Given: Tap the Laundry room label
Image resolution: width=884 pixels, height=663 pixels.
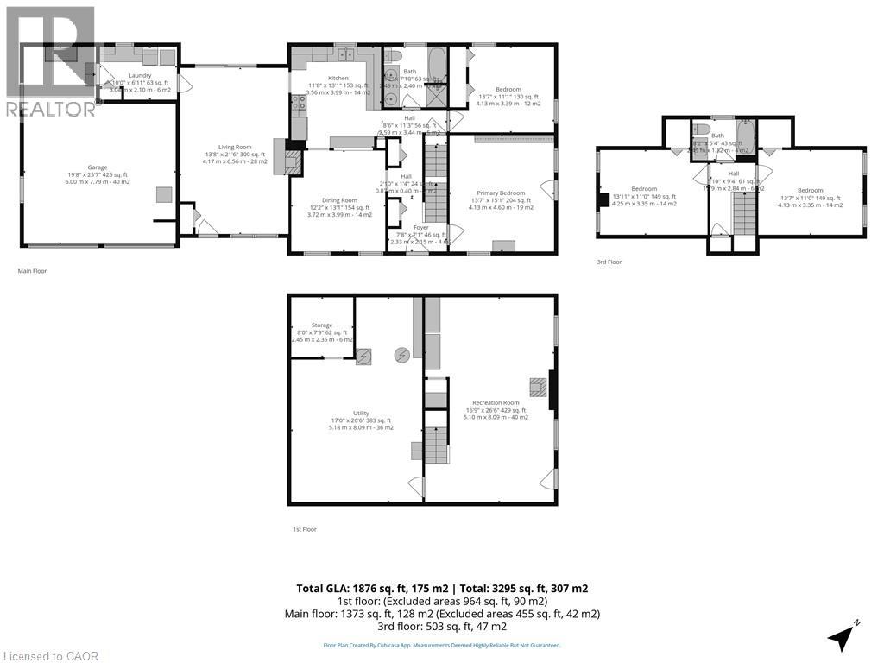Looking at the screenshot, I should pyautogui.click(x=140, y=75).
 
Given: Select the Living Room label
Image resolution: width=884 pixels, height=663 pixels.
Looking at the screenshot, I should pyautogui.click(x=233, y=147).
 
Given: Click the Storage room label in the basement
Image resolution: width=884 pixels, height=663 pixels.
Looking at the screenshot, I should pyautogui.click(x=322, y=325).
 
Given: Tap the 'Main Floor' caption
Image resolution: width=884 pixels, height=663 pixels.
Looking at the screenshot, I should pyautogui.click(x=32, y=270).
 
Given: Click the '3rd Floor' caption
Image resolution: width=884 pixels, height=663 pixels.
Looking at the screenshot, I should pyautogui.click(x=609, y=262).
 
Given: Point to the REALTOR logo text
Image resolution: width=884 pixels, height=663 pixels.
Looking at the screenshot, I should pyautogui.click(x=51, y=109).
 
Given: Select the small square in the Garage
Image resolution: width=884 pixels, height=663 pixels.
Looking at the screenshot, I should pyautogui.click(x=163, y=195).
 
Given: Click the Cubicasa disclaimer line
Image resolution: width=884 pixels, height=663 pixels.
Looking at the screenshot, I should pyautogui.click(x=441, y=645).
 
